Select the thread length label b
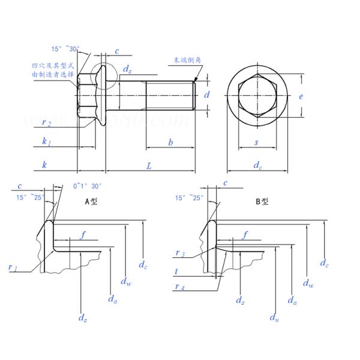coord(170,143)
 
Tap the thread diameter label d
coord(207,95)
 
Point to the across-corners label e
coord(301,96)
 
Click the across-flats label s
coord(257,143)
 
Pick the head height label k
coord(44,164)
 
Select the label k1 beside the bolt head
coord(46,143)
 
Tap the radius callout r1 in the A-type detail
coord(13,269)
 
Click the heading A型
coord(91,202)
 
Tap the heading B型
coord(262,202)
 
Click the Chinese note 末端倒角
coord(184,60)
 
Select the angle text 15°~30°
coord(64,49)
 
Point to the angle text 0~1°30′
coord(86,186)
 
